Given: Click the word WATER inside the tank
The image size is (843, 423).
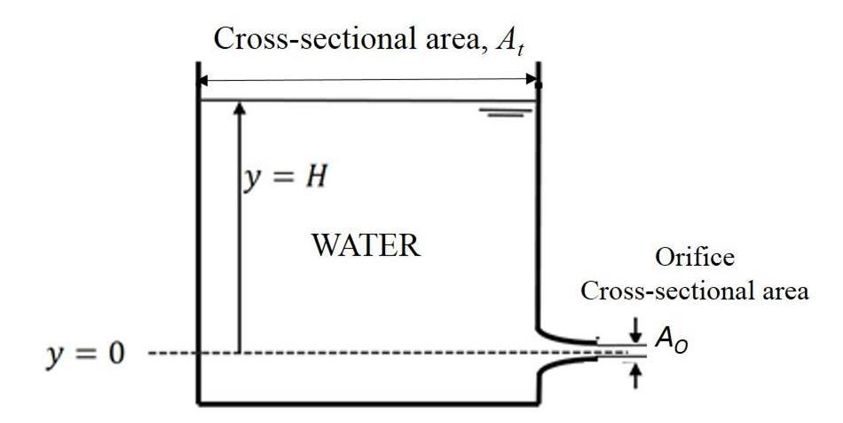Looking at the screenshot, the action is click(x=366, y=245).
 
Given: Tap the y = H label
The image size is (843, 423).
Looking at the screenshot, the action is click(x=285, y=178).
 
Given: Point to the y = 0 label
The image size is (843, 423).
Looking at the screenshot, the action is click(x=85, y=354).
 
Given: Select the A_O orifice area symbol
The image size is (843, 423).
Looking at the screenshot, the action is click(x=671, y=340).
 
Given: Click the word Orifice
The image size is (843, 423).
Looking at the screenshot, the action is click(x=695, y=257).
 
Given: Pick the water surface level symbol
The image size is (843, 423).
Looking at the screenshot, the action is click(x=506, y=112).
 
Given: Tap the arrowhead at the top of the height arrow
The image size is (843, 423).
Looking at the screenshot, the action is click(x=240, y=108).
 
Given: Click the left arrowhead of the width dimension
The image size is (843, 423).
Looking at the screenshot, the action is click(x=202, y=81).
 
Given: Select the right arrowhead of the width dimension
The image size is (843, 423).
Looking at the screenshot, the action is click(x=532, y=80).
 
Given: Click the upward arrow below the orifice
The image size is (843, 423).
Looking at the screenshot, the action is click(x=636, y=376).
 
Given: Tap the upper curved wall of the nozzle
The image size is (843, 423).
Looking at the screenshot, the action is click(x=565, y=338).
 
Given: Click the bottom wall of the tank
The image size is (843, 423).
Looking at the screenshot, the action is click(x=368, y=402).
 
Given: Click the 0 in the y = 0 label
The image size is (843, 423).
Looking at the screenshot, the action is click(x=115, y=354).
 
